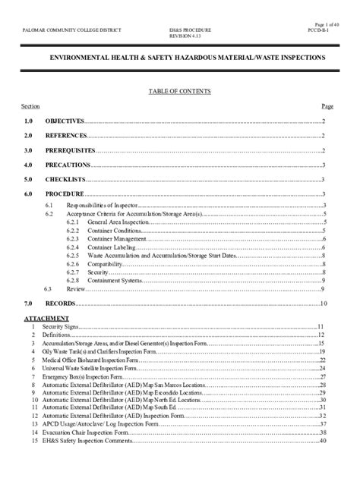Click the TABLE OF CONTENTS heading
pyautogui.click(x=178, y=91)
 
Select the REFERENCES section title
pyautogui.click(x=64, y=136)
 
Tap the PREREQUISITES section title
pyautogui.click(x=70, y=150)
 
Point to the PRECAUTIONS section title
pyautogui.click(x=67, y=165)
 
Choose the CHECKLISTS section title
pyautogui.click(x=64, y=179)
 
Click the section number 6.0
pyautogui.click(x=28, y=193)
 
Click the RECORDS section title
pyautogui.click(x=60, y=303)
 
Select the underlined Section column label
pyautogui.click(x=31, y=106)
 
